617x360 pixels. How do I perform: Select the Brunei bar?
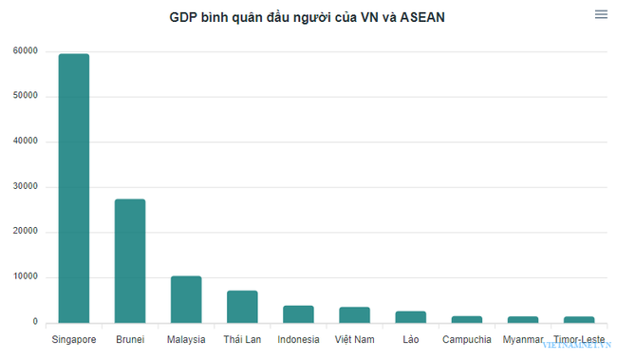130,260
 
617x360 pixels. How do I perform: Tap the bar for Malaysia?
186,299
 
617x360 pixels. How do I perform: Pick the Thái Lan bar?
242,306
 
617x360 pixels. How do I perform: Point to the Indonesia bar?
298,313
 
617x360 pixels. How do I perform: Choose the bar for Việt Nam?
354,314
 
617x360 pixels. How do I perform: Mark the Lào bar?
410,316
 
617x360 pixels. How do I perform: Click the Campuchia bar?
466,319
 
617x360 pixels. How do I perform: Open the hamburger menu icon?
601,14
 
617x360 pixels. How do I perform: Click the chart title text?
307,16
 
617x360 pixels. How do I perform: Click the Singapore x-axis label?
74,339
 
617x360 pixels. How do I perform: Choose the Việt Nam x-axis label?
354,339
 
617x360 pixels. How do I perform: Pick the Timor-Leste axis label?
578,339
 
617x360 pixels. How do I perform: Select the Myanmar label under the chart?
522,339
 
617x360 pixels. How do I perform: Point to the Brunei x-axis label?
130,339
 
